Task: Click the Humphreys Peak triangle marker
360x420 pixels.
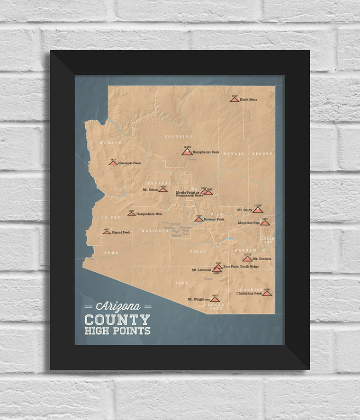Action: tap(187, 152)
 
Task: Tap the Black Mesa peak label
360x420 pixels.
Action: tap(248, 99)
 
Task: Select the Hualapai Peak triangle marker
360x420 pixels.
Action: tap(113, 163)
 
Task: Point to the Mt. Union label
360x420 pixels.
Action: tap(150, 189)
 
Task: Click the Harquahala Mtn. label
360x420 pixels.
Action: tap(149, 214)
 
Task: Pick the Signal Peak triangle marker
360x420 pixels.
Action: tap(107, 232)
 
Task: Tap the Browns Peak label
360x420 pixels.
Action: tap(213, 219)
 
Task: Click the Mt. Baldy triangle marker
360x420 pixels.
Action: tap(257, 210)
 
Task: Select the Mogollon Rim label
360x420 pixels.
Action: tap(250, 223)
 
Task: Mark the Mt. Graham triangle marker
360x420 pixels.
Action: tap(247, 259)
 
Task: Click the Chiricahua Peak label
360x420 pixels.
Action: tap(249, 293)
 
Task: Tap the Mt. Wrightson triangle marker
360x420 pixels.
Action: tap(215, 299)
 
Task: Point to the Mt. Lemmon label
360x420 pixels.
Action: tap(201, 270)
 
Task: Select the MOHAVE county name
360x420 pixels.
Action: tap(110, 142)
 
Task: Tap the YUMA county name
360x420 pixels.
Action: tap(112, 253)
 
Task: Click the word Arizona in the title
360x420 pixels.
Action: tap(118, 306)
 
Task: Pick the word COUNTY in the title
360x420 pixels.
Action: tap(117, 320)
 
